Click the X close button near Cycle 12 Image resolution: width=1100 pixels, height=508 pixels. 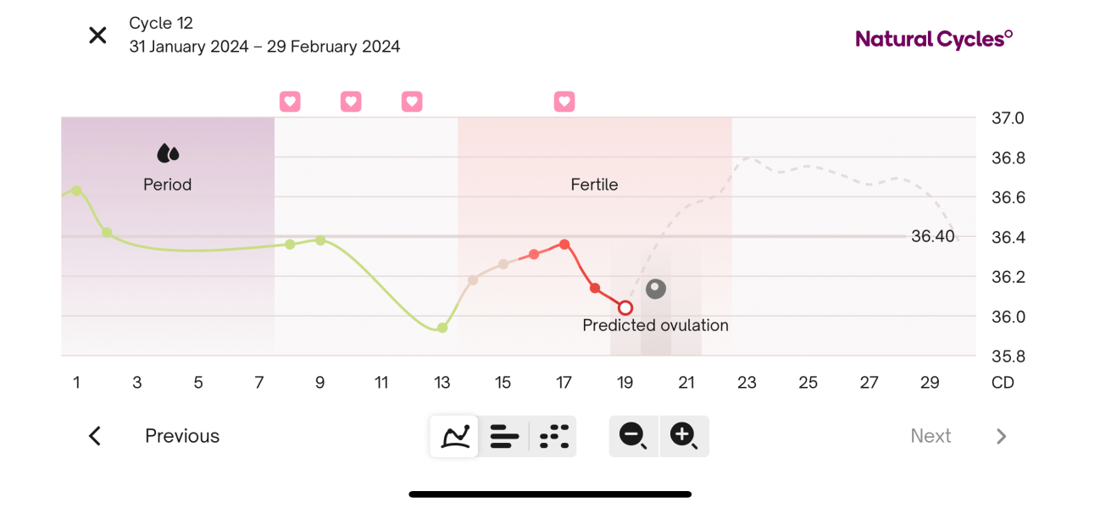point(98,36)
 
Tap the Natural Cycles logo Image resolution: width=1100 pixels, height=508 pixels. point(934,39)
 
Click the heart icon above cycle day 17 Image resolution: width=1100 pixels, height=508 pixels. point(564,102)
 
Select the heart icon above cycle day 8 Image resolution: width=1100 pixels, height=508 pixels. point(290,102)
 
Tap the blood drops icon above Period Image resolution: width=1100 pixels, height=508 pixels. point(168,153)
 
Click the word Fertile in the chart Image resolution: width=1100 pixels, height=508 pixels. point(594,185)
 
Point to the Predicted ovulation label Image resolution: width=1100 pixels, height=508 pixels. point(655,325)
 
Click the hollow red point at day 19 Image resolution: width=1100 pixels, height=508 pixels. point(625,307)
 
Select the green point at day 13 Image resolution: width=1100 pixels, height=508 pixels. point(442,328)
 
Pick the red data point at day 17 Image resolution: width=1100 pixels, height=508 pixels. point(564,245)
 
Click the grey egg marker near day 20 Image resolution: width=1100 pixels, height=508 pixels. point(656,289)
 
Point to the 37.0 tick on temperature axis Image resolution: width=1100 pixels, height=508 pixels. point(1008,119)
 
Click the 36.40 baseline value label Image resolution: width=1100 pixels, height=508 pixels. point(932,237)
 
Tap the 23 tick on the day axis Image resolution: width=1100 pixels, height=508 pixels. point(747,383)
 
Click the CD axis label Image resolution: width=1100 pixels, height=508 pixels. point(1003,383)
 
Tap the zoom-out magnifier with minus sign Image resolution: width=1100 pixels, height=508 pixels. point(633,436)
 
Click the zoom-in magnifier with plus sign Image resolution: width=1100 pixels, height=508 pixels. point(683,436)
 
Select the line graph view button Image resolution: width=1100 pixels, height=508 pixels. point(454,436)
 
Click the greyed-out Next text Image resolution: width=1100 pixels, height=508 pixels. point(931,436)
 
